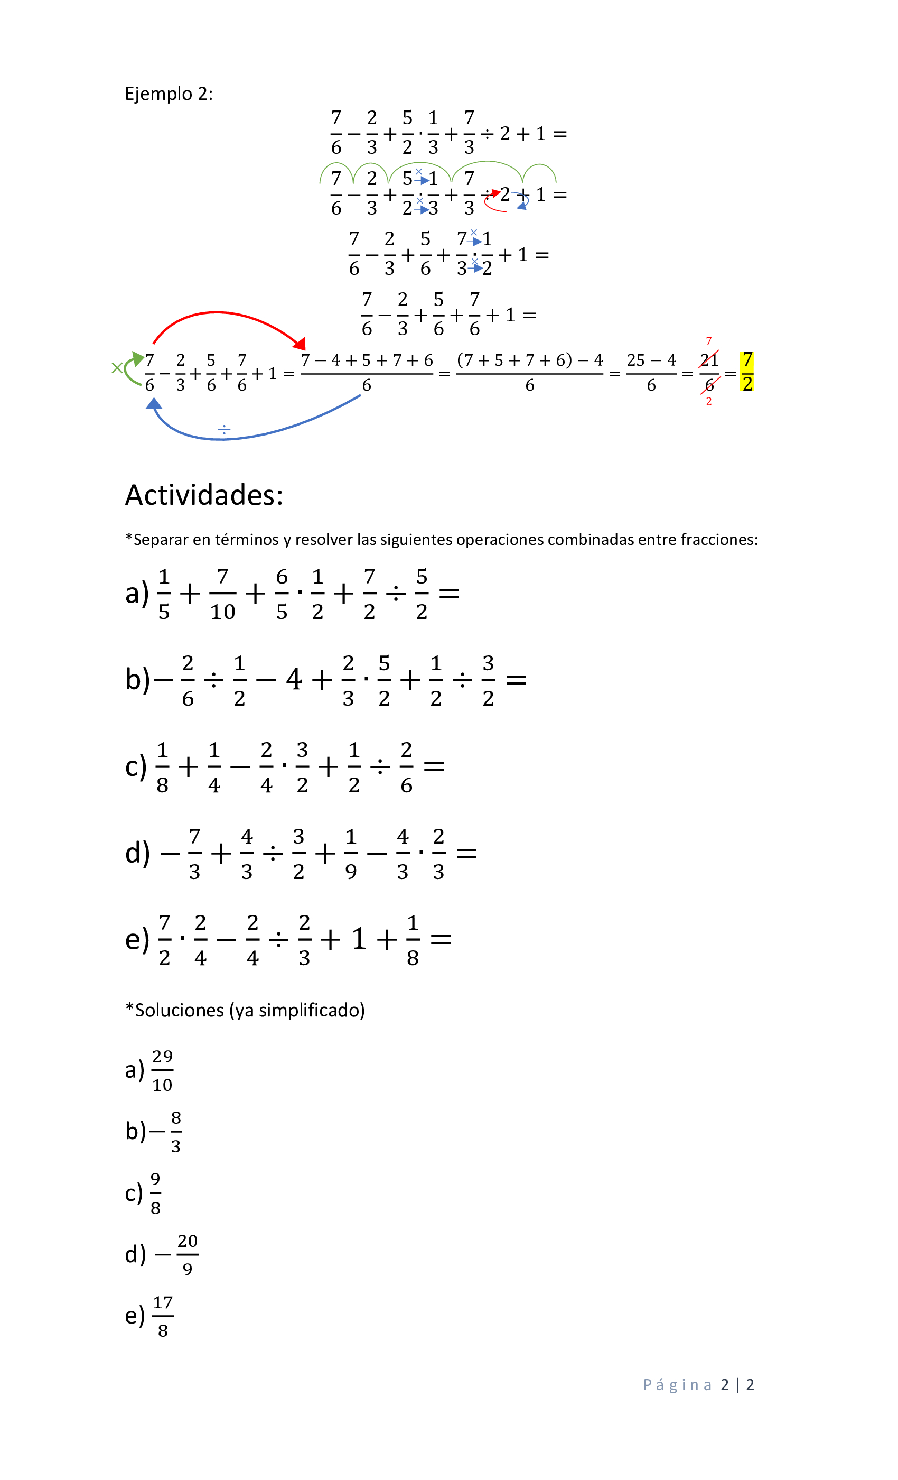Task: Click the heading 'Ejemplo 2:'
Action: coord(169,94)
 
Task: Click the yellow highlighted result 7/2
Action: coord(747,372)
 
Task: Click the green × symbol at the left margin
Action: coord(117,367)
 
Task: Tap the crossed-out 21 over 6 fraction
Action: coord(709,373)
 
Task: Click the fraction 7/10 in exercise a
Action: coord(223,594)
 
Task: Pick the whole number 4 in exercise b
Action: coord(294,680)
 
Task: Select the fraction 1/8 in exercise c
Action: coord(162,767)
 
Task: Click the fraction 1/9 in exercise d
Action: coord(351,854)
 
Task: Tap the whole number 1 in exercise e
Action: coord(359,939)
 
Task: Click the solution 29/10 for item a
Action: coord(162,1070)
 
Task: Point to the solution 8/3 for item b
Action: coord(175,1132)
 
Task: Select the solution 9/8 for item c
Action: coord(155,1193)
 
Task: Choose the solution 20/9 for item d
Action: coord(188,1255)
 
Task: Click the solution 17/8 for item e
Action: coord(163,1316)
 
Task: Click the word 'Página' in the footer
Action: coord(677,1385)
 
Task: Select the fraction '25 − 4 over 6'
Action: coord(651,373)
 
